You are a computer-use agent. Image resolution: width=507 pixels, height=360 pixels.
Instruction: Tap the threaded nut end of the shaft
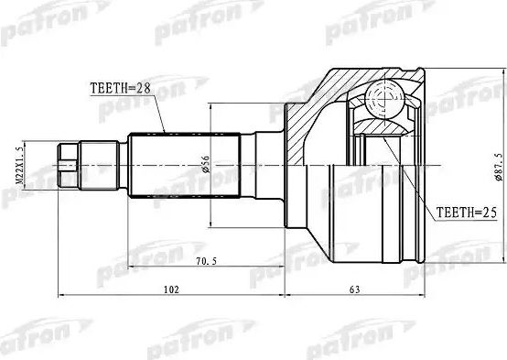70,165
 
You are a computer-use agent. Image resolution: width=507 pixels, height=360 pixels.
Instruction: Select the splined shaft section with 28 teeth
183,165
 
